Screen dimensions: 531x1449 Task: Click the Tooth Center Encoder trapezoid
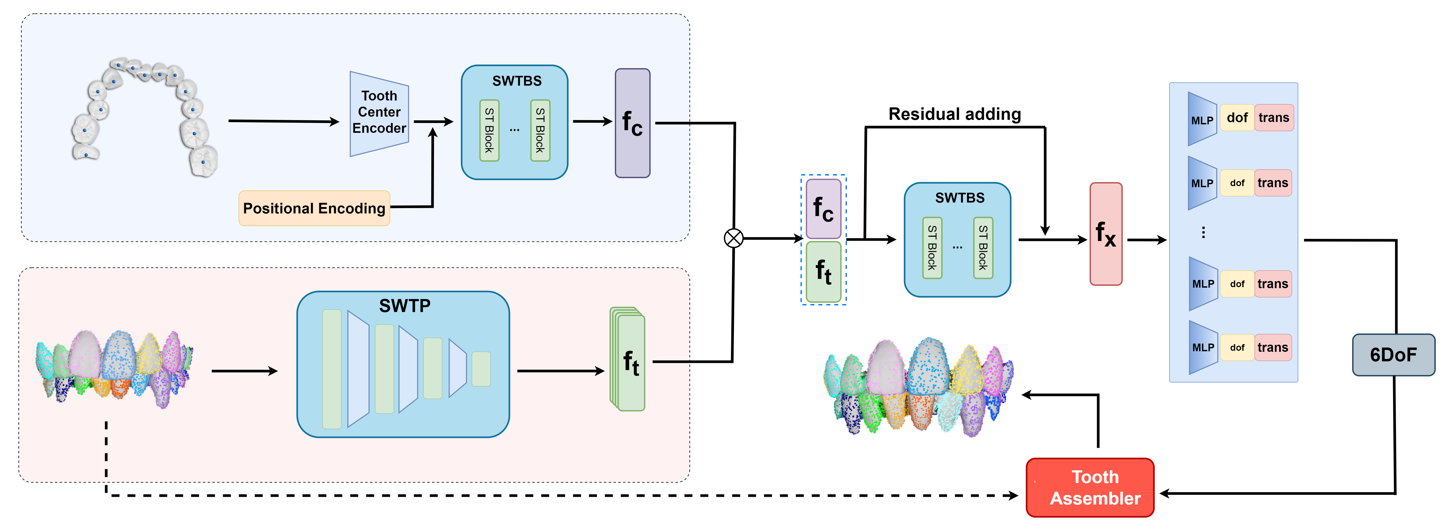point(378,114)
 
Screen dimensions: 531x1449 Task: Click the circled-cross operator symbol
point(733,239)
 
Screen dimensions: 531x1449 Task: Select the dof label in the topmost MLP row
point(1237,117)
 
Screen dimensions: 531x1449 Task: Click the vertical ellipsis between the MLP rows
point(1203,232)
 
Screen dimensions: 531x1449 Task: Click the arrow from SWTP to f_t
point(560,371)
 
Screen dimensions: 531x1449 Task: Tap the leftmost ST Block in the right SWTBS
point(932,248)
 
